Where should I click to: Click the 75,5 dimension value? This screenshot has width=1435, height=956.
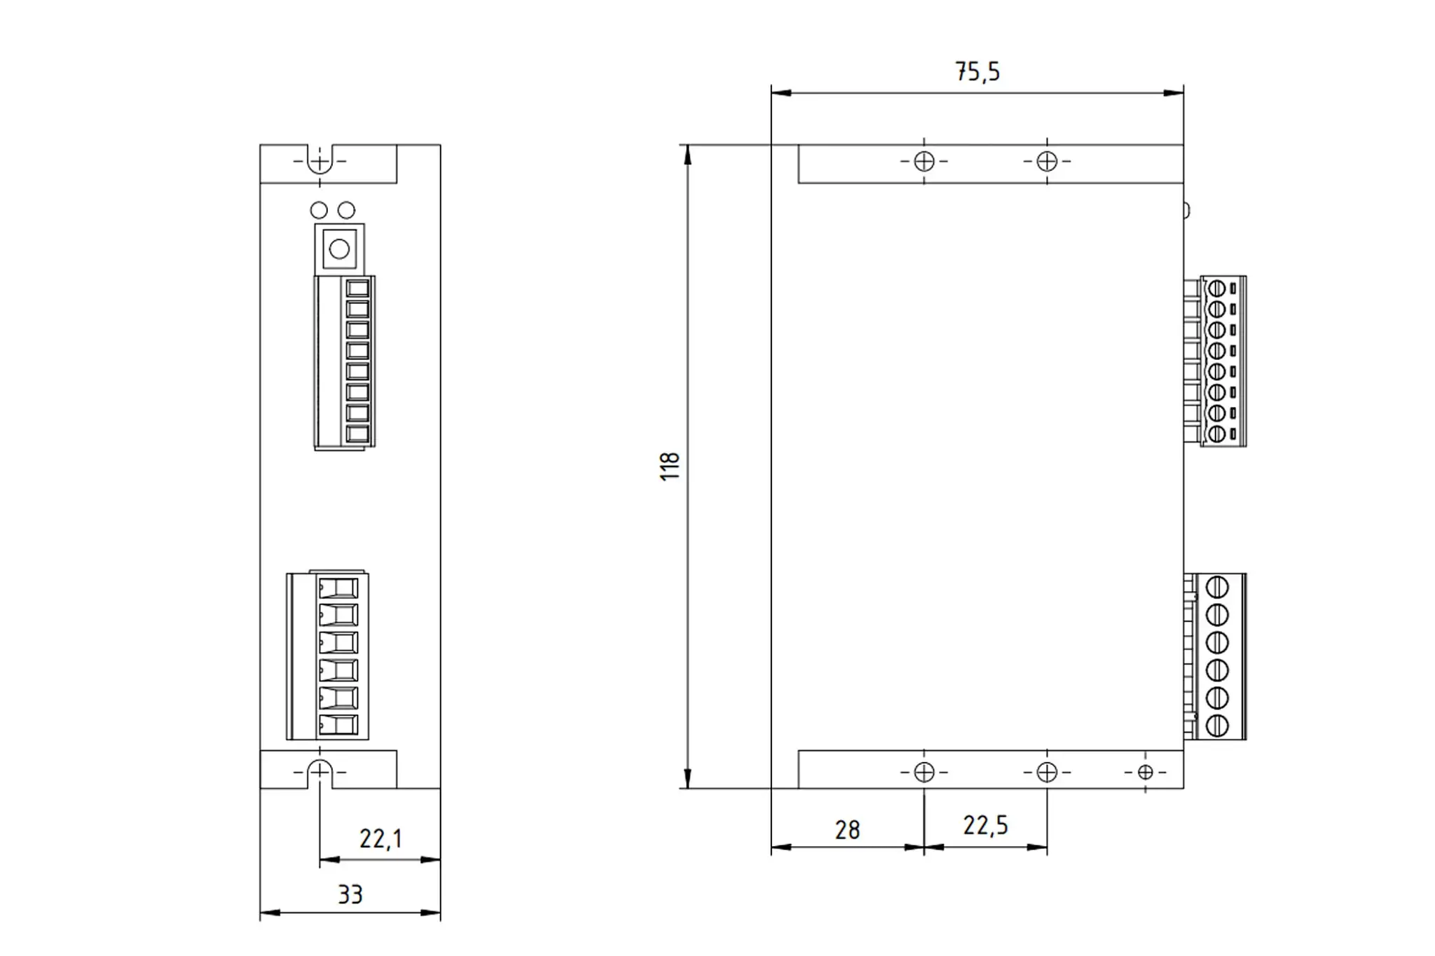pos(977,71)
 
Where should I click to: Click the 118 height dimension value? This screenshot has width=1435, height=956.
pos(671,466)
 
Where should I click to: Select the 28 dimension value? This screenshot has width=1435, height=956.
pos(847,830)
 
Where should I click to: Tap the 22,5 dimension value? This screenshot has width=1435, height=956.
pos(985,826)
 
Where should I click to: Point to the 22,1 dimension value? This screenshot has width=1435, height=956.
pos(380,838)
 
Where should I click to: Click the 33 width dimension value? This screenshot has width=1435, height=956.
pos(350,894)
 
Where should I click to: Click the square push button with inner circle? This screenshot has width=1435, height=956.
pos(339,249)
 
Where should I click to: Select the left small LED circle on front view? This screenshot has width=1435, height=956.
pos(319,210)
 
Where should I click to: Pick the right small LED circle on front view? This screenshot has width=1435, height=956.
pos(346,210)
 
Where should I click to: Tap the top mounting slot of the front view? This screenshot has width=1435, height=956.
pos(320,160)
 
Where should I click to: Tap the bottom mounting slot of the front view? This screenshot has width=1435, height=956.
pos(320,772)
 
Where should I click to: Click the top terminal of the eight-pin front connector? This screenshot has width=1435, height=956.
pos(357,289)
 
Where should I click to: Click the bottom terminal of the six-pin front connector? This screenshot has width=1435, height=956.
pos(338,725)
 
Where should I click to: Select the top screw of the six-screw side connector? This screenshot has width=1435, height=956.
pos(1217,587)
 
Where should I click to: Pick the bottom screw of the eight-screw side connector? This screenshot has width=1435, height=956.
pos(1216,434)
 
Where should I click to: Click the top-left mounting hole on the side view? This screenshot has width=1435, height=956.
pos(924,162)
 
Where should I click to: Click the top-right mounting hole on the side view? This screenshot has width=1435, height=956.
pos(1047,162)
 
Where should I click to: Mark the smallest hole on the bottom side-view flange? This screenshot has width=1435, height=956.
pos(1145,773)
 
